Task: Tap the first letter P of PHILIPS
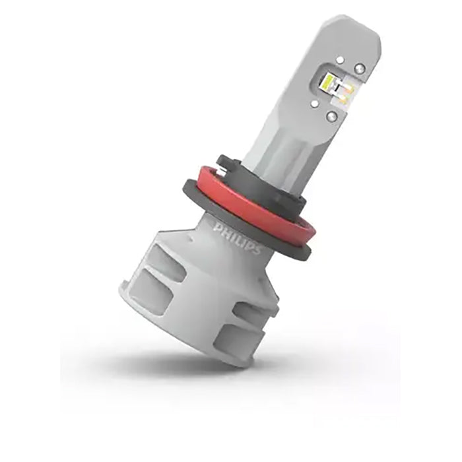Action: pos(217,226)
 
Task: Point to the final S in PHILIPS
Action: pos(257,250)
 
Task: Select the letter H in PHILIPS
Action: pos(223,230)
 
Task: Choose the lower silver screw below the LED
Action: pos(331,115)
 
